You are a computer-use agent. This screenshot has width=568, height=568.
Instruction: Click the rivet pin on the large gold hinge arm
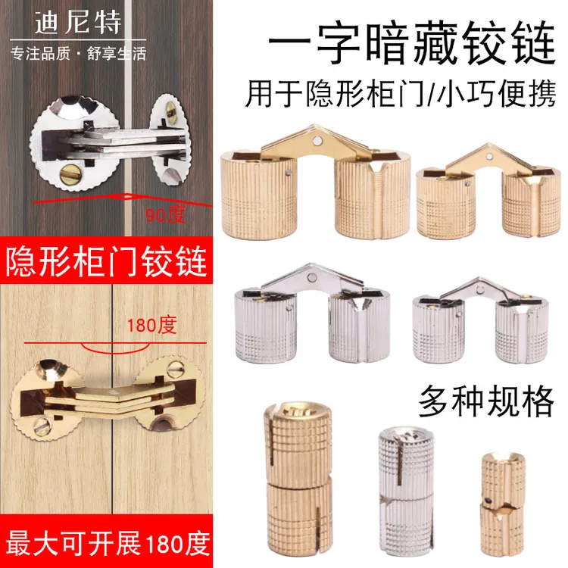(x=313, y=138)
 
